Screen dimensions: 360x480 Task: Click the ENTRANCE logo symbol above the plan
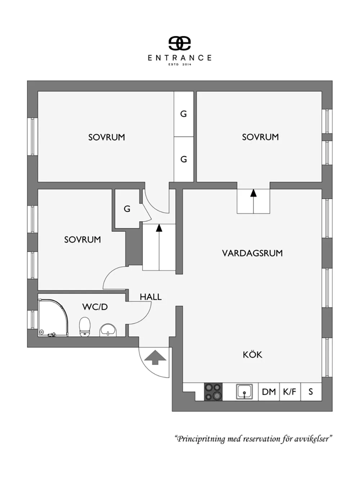(x=180, y=43)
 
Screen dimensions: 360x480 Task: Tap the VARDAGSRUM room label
(x=252, y=253)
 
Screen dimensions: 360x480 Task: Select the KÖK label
(x=252, y=355)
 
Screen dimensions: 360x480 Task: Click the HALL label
(x=151, y=297)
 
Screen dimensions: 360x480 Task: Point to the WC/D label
(x=95, y=307)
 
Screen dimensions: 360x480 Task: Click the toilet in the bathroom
(x=85, y=327)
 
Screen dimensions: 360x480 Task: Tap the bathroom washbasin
(x=108, y=330)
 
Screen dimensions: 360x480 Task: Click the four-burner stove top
(x=213, y=391)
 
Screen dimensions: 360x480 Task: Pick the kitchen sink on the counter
(x=244, y=391)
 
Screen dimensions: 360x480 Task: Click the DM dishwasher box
(x=269, y=391)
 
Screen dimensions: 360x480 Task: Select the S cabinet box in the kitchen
(x=311, y=391)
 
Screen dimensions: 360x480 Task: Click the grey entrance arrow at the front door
(x=155, y=357)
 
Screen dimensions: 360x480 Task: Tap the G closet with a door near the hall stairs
(x=127, y=209)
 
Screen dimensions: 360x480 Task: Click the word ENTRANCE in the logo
(x=180, y=58)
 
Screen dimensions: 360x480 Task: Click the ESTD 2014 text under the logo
(x=180, y=64)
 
